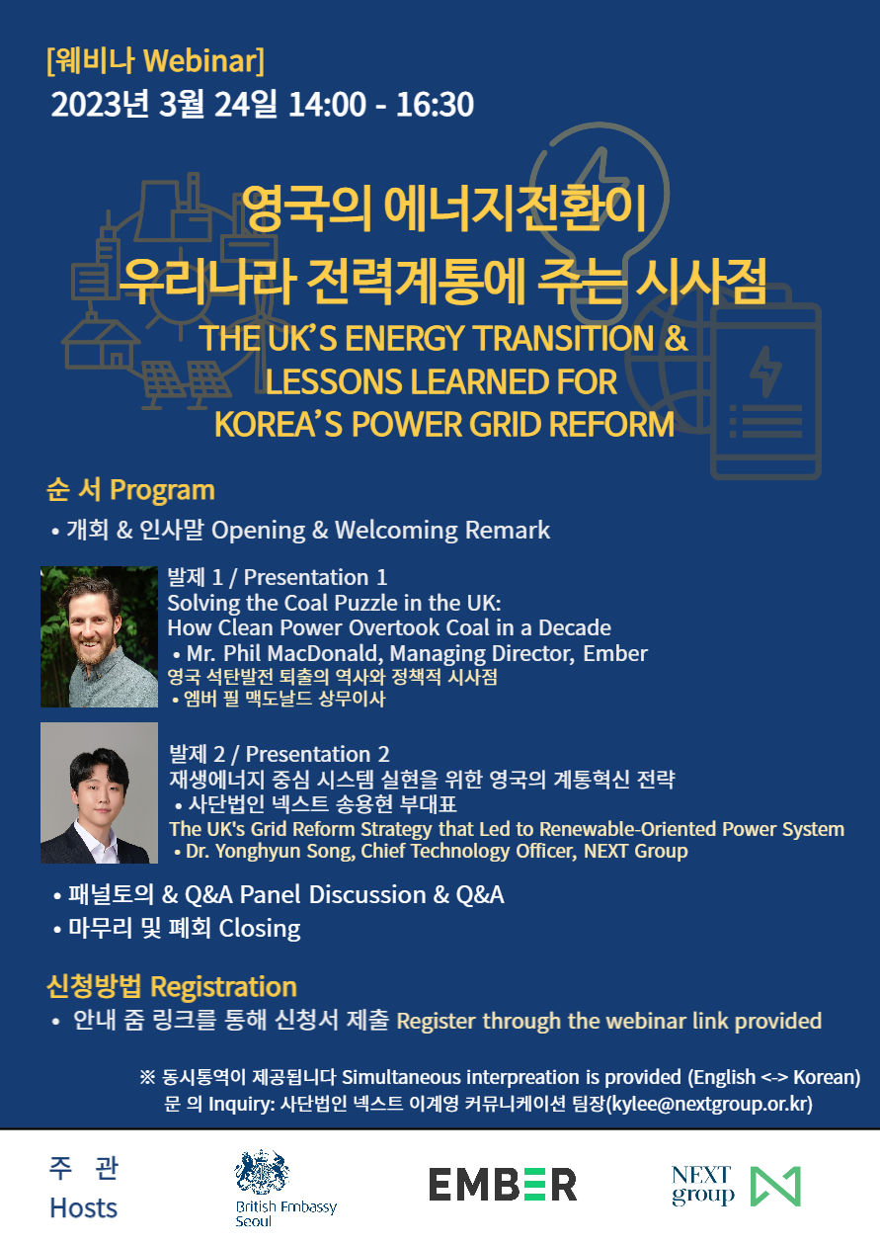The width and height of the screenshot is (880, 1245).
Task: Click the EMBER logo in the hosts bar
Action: pos(503,1184)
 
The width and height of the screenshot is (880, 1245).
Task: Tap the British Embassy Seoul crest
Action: pos(262,1172)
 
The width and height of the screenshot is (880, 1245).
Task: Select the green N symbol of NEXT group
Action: pos(775,1186)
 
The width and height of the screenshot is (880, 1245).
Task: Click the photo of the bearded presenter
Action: pos(100,636)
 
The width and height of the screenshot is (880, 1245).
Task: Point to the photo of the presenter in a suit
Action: pos(100,792)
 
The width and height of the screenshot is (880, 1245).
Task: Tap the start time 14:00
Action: pos(327,104)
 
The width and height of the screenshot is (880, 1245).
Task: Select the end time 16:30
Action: pos(435,104)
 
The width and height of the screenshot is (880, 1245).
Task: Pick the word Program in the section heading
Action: pos(162,491)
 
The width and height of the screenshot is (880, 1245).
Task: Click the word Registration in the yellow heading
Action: pos(223,987)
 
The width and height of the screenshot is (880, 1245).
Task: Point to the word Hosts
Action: pos(84,1207)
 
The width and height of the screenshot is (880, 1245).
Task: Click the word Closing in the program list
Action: pos(260,929)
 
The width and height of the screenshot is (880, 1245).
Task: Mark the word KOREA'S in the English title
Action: pos(279,424)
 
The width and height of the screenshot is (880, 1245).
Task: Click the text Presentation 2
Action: pos(317,754)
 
